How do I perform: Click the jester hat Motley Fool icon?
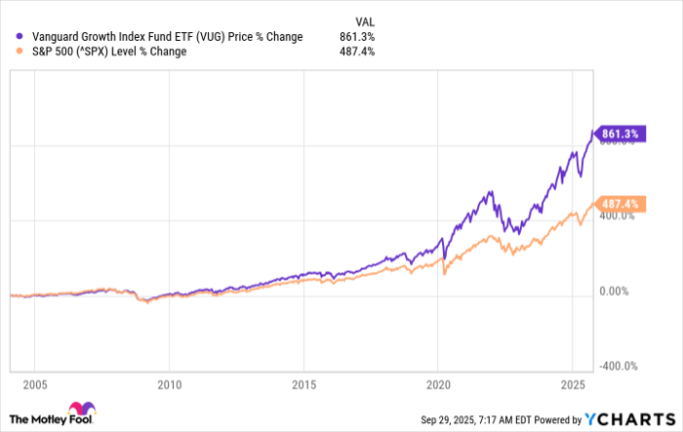79,412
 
